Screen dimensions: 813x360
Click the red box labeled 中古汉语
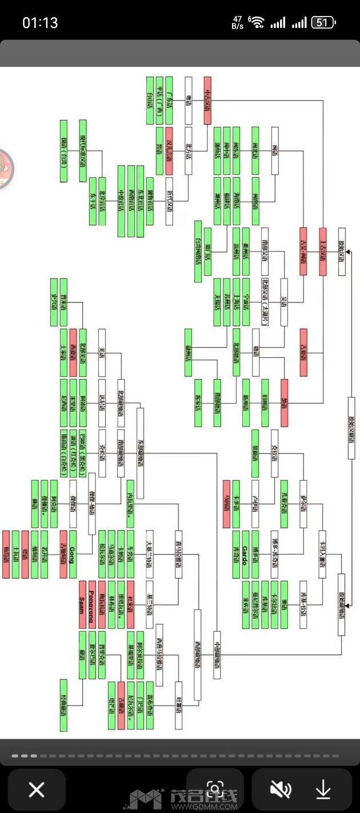click(x=207, y=101)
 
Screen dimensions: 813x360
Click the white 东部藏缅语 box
click(x=140, y=445)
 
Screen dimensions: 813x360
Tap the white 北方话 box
click(x=188, y=151)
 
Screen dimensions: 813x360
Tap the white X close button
click(x=37, y=790)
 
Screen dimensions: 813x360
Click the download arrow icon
click(x=323, y=790)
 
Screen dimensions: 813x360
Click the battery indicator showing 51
click(x=323, y=23)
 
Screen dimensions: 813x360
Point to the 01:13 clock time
click(x=40, y=23)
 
